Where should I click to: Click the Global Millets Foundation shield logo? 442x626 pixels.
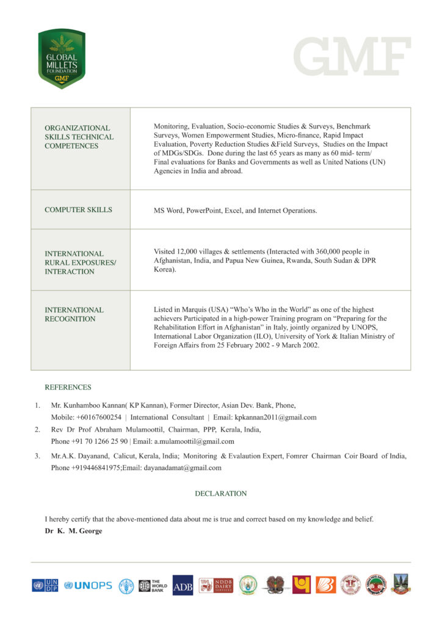[62, 59]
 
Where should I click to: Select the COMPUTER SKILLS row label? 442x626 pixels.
[78, 210]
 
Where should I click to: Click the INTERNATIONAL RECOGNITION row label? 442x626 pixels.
[74, 314]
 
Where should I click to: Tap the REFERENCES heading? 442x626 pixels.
[68, 387]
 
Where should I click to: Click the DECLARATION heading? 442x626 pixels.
[221, 493]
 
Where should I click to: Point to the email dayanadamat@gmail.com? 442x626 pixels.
[182, 468]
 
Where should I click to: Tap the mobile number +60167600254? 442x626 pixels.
[99, 418]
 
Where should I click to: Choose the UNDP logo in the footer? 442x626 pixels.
[46, 585]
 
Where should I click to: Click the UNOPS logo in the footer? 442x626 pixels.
[88, 585]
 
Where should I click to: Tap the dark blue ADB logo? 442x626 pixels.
[183, 585]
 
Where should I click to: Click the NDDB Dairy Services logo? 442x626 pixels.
[216, 585]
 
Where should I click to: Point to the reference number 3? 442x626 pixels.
[37, 456]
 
